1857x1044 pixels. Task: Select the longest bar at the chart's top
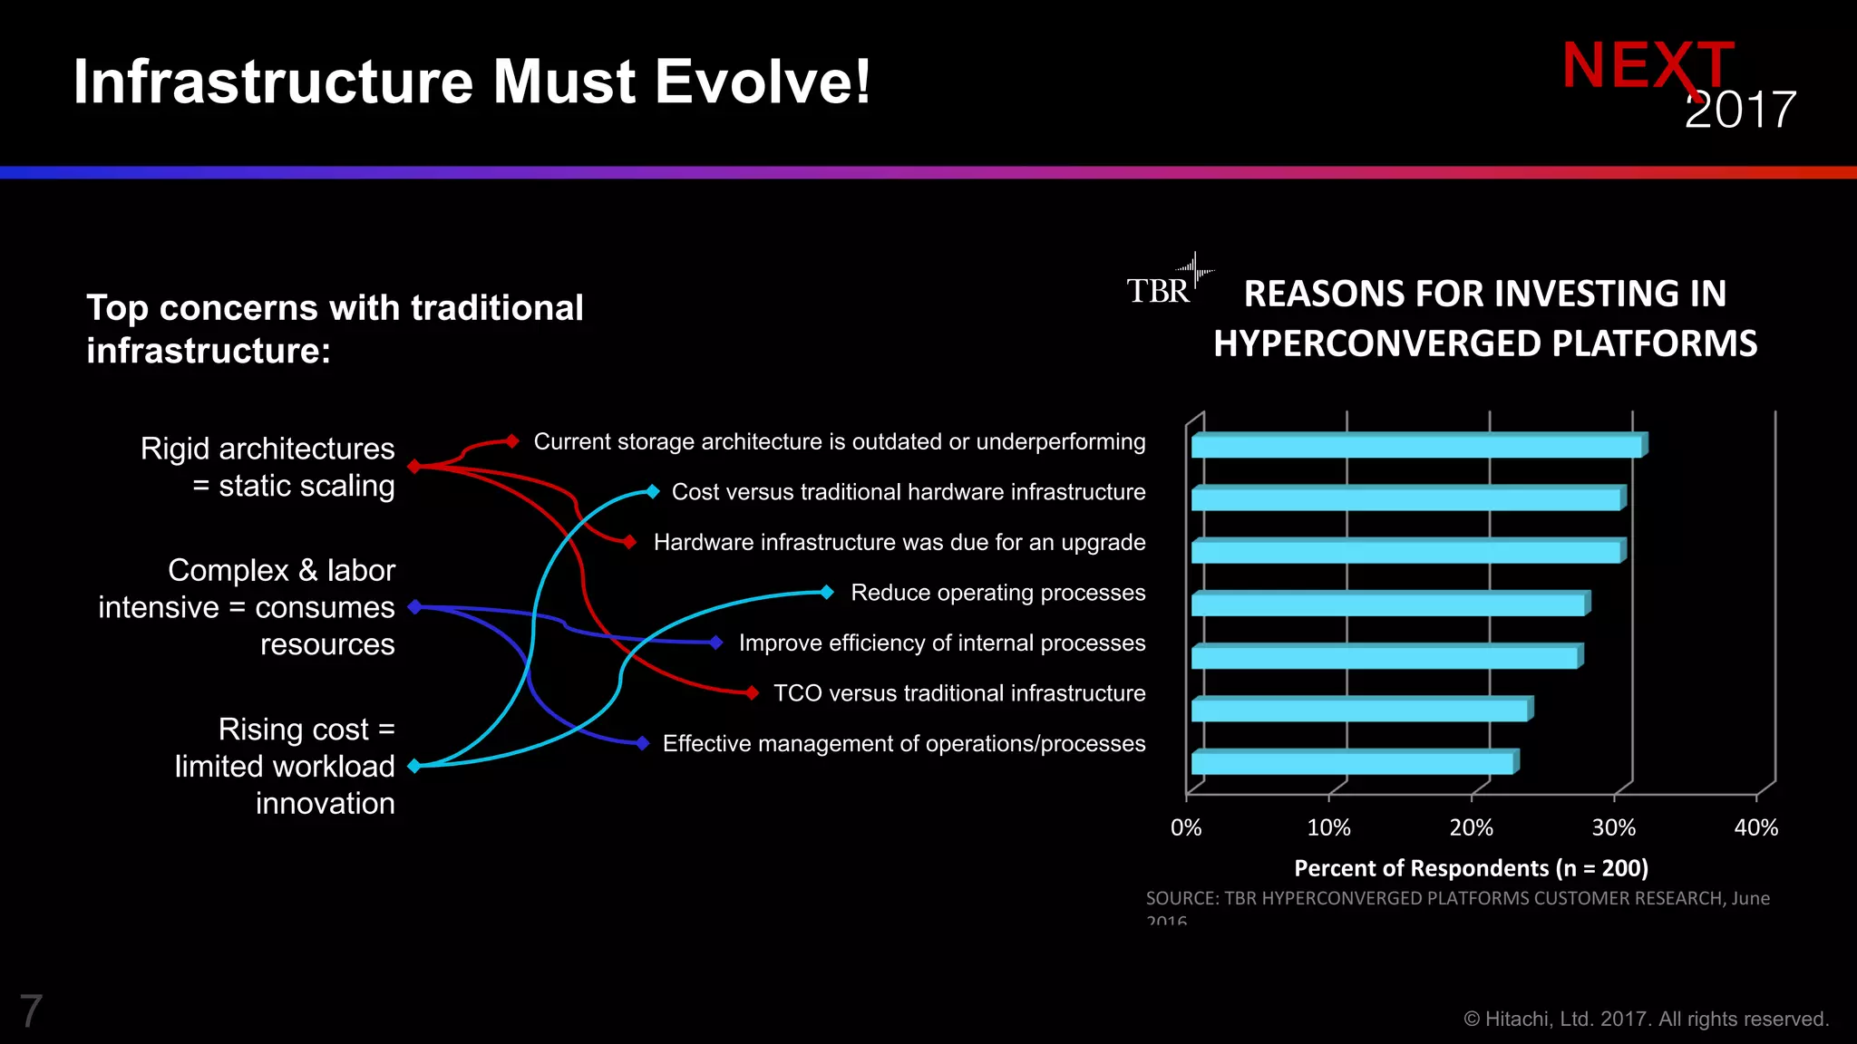[1416, 446]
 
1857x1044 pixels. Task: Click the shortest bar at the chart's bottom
[1352, 763]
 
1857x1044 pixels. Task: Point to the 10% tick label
[1328, 827]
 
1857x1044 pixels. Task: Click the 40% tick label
[1755, 827]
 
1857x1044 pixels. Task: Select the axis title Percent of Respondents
[1470, 868]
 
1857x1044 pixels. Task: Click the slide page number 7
[31, 1011]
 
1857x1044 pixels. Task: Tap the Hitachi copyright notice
[1646, 1020]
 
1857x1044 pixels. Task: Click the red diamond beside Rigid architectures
[414, 466]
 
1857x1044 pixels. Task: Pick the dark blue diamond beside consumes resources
[414, 606]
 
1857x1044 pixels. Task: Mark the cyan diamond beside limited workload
[414, 766]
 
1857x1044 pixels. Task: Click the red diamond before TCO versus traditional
[752, 693]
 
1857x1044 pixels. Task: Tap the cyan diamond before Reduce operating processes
[827, 593]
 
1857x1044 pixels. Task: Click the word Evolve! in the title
[763, 82]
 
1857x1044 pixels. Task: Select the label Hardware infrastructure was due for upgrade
[899, 542]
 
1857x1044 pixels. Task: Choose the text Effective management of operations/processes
[903, 743]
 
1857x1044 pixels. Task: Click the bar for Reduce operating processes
[1388, 604]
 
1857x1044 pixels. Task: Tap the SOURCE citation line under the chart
[1457, 898]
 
